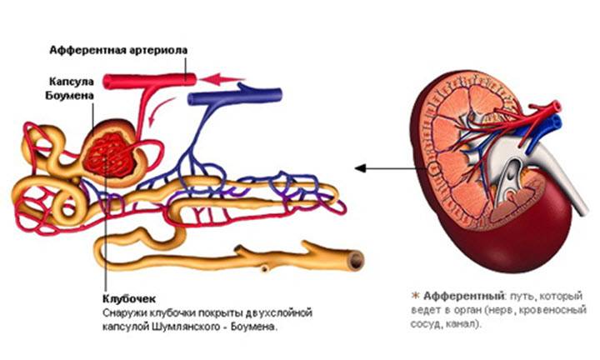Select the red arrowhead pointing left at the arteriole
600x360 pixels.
(x=218, y=80)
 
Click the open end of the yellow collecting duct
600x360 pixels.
(x=356, y=260)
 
